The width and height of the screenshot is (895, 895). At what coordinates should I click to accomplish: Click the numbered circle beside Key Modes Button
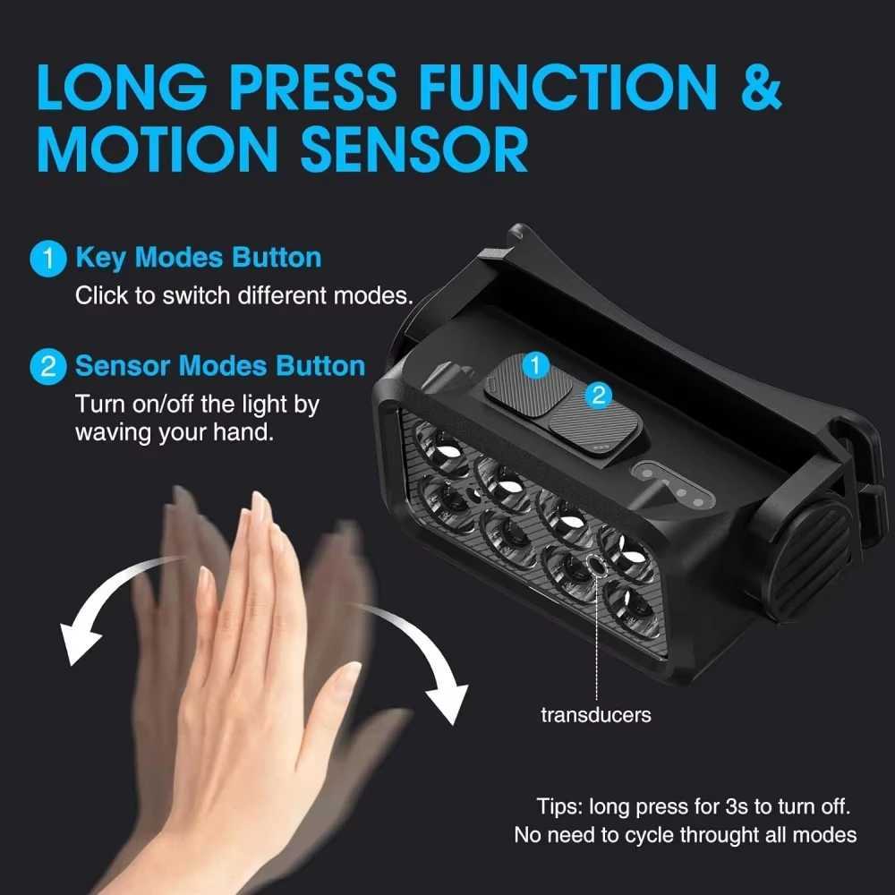tap(47, 259)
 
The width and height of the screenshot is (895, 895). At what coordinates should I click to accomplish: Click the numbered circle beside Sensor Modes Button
tap(47, 367)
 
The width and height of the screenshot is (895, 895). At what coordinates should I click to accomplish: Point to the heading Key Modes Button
tap(198, 258)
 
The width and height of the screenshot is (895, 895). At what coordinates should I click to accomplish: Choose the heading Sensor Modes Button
tap(220, 366)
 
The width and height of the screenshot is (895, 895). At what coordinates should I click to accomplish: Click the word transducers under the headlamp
tap(596, 714)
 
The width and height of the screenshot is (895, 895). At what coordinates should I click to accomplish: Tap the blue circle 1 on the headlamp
tap(534, 364)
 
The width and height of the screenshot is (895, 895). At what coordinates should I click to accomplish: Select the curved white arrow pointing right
tap(421, 653)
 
